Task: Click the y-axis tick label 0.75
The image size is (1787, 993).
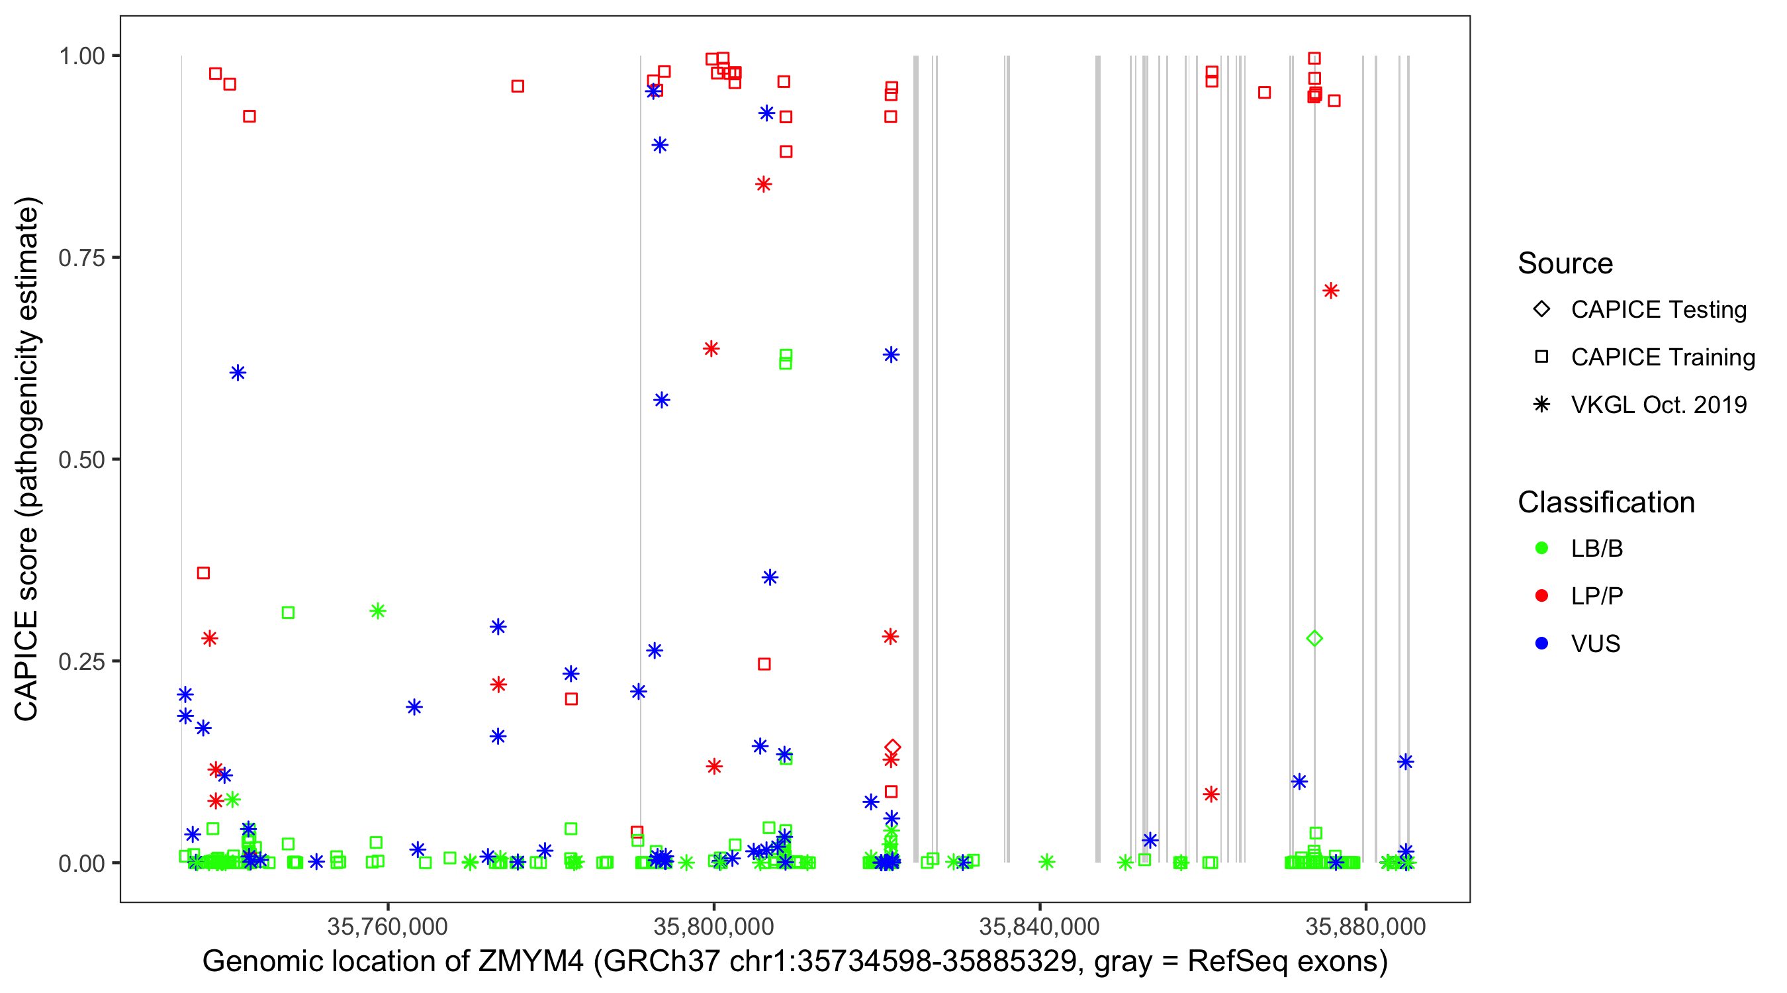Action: pyautogui.click(x=81, y=258)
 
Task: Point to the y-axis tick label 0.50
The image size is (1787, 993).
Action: pyautogui.click(x=81, y=459)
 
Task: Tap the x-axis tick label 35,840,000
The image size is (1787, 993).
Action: pyautogui.click(x=1039, y=926)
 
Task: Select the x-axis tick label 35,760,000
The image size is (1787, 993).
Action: pyautogui.click(x=387, y=926)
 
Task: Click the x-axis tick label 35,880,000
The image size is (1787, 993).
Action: pyautogui.click(x=1365, y=926)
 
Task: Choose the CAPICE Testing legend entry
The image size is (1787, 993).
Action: pyautogui.click(x=1658, y=310)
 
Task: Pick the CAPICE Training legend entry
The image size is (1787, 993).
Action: pyautogui.click(x=1662, y=357)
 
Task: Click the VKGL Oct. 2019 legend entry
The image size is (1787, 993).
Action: pyautogui.click(x=1658, y=404)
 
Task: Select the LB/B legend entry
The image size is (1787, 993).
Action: pyautogui.click(x=1596, y=548)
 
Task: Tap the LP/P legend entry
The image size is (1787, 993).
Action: pyautogui.click(x=1596, y=596)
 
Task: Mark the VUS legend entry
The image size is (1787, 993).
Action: pyautogui.click(x=1595, y=644)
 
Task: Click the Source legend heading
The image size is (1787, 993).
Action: pyautogui.click(x=1565, y=263)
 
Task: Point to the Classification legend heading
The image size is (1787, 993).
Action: pyautogui.click(x=1606, y=502)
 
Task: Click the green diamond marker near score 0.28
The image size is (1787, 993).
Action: pyautogui.click(x=1314, y=638)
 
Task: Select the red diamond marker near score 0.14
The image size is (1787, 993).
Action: pyautogui.click(x=893, y=747)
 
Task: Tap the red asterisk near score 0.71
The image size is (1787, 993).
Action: pyautogui.click(x=1330, y=291)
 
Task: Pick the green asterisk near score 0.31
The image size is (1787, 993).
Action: pyautogui.click(x=377, y=611)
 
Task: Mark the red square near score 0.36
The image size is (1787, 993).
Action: pyautogui.click(x=203, y=573)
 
